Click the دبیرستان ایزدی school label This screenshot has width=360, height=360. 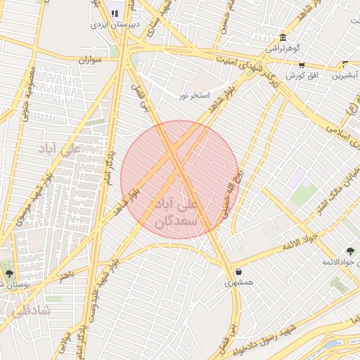pyautogui.click(x=115, y=24)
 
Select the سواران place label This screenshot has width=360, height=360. pyautogui.click(x=91, y=60)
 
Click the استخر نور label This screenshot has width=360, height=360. pyautogui.click(x=194, y=94)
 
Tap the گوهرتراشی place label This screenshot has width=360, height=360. pyautogui.click(x=282, y=49)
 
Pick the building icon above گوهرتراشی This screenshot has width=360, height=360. pyautogui.click(x=283, y=38)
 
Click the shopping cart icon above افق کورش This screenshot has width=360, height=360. pyautogui.click(x=301, y=65)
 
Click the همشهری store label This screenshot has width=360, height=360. pyautogui.click(x=238, y=282)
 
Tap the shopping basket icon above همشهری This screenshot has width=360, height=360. pyautogui.click(x=239, y=271)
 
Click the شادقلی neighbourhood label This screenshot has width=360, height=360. pyautogui.click(x=32, y=309)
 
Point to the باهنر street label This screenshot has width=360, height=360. pyautogui.click(x=66, y=273)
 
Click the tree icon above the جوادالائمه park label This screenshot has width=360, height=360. pyautogui.click(x=349, y=251)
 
